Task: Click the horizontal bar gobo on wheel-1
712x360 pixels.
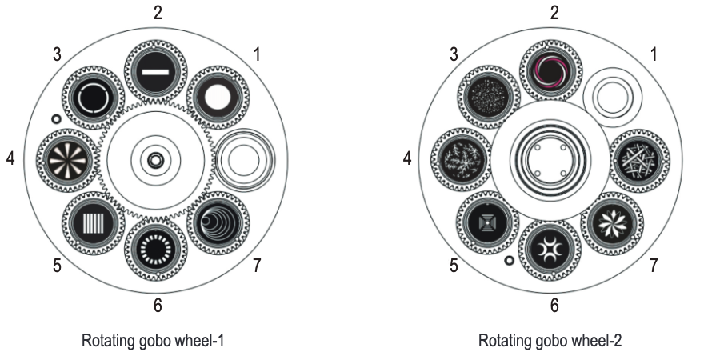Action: coord(155,72)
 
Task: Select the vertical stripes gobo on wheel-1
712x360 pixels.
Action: coord(94,223)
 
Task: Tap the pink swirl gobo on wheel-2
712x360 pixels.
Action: coord(551,71)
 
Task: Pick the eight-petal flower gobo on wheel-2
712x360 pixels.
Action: coord(613,223)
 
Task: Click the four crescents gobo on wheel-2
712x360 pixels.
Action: coord(550,250)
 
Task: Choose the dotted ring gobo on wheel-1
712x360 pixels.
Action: coord(156,250)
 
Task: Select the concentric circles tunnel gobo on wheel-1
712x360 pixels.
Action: coord(218,223)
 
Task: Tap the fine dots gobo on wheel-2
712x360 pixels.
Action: coord(488,97)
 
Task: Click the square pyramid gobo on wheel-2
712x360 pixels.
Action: coord(488,222)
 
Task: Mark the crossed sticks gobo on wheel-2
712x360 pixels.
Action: coord(639,161)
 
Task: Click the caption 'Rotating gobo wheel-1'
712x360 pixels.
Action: coord(153,340)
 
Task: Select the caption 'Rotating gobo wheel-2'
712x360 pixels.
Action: coord(550,340)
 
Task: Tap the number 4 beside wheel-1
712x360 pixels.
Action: coord(10,159)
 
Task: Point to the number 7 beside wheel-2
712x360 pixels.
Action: coord(654,265)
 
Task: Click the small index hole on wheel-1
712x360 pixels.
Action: coord(56,119)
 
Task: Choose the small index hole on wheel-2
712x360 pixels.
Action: coord(510,261)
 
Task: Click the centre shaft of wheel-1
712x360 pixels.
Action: coord(155,160)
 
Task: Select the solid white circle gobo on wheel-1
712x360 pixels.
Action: coord(218,97)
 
